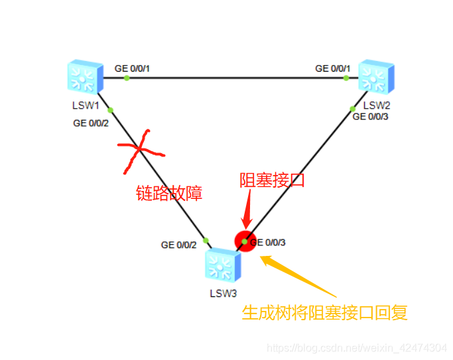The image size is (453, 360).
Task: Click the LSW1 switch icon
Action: click(84, 78)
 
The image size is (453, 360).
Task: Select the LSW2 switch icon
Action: click(376, 78)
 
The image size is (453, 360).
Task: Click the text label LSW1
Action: click(86, 105)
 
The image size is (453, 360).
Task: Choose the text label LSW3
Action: click(224, 292)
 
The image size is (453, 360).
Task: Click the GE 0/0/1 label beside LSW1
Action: click(133, 68)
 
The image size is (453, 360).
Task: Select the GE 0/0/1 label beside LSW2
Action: click(333, 68)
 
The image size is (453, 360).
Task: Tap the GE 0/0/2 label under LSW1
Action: click(91, 123)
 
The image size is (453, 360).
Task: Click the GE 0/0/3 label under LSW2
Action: click(370, 117)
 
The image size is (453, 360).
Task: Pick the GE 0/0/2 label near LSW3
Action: click(179, 245)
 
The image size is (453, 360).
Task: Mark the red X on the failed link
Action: click(141, 151)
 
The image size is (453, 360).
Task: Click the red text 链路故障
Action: click(168, 193)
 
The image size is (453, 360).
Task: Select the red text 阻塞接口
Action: click(272, 180)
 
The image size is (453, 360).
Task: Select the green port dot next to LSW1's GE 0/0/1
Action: click(127, 78)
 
